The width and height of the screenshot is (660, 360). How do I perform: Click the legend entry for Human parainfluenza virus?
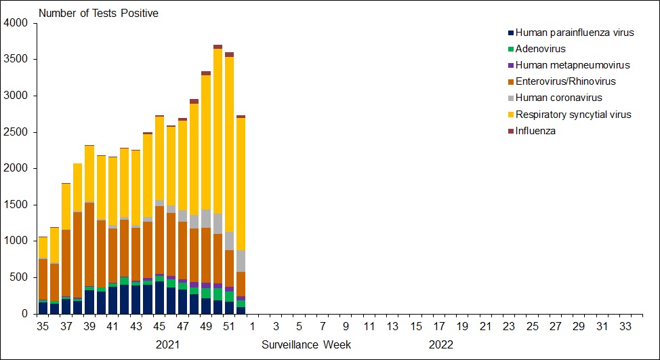coord(575,33)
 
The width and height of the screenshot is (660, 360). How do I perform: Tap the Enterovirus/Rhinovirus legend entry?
coord(565,81)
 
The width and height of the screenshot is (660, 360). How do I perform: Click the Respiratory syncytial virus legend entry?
coord(573,115)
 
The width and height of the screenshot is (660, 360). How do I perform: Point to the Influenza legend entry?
coord(535,131)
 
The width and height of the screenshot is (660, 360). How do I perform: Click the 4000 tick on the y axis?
coord(16,23)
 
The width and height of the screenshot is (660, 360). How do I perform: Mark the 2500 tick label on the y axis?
coord(16,132)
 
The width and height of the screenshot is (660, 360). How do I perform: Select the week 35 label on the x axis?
coord(43,327)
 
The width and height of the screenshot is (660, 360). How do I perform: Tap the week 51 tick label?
coord(229,327)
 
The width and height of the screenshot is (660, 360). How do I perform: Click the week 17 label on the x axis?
coord(438,327)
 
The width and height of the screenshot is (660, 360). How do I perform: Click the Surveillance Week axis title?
coord(306,344)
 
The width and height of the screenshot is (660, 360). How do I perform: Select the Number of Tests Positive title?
coord(99,14)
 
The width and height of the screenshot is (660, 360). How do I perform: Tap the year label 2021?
coord(168,344)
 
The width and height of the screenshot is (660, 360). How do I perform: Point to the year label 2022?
coord(440,344)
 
